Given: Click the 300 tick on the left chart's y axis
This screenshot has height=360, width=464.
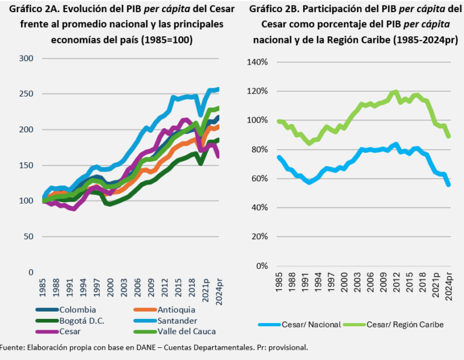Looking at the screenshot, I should pyautogui.click(x=26, y=58).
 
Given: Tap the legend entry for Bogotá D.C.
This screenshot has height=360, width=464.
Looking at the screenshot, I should pyautogui.click(x=76, y=320).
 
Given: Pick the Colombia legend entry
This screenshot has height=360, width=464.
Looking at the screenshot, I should pyautogui.click(x=73, y=310).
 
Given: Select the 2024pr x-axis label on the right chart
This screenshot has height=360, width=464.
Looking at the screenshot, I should pyautogui.click(x=448, y=284).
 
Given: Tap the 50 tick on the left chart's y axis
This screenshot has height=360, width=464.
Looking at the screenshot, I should pyautogui.click(x=29, y=236).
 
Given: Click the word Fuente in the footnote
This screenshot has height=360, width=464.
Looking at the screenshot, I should pyautogui.click(x=12, y=347).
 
